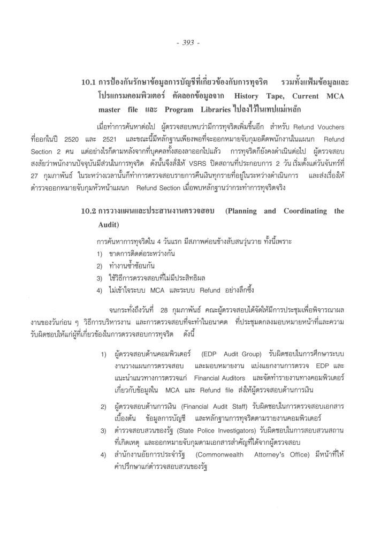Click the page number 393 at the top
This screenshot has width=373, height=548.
(187, 43)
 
